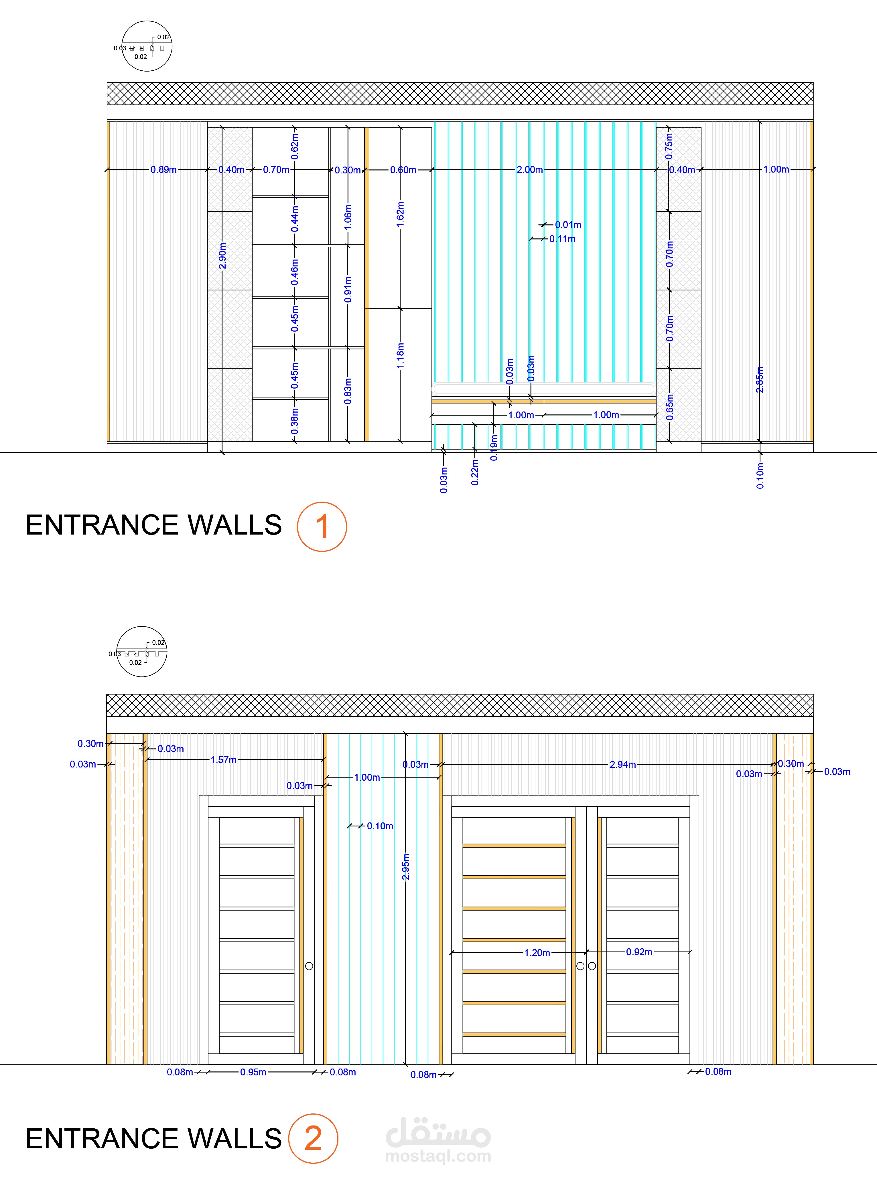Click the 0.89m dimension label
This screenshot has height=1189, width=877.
point(163,170)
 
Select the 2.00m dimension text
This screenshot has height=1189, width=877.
point(530,170)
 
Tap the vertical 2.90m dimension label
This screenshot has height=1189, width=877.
point(222,256)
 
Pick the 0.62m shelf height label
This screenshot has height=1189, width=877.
point(295,147)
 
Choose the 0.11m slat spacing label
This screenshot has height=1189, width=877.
point(562,239)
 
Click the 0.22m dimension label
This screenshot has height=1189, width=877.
point(475,472)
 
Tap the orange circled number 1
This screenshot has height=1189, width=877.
point(322,526)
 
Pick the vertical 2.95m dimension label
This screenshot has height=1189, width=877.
point(406,866)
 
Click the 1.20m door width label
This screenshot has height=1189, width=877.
point(537,953)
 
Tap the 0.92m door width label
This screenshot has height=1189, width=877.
point(639,952)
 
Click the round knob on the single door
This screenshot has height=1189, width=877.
point(309,966)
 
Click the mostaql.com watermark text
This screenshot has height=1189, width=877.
point(438,1156)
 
